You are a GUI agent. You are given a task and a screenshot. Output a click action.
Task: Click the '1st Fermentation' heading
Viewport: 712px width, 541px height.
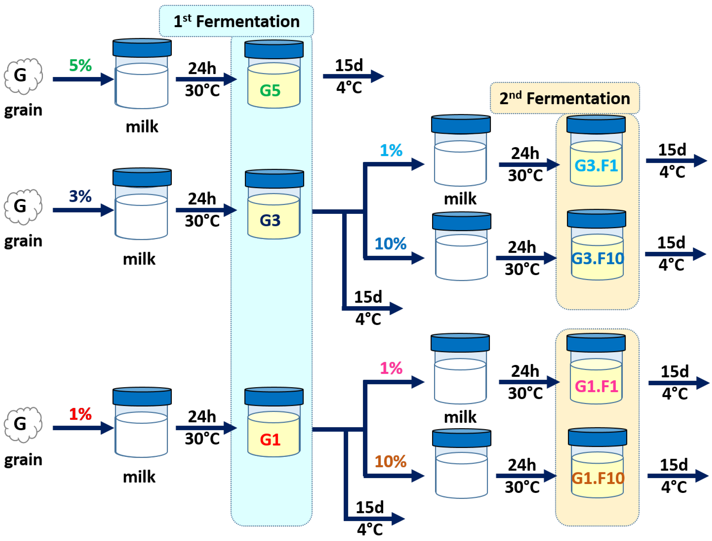click(x=237, y=21)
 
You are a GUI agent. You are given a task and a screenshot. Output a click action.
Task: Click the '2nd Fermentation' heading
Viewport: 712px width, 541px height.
click(x=565, y=98)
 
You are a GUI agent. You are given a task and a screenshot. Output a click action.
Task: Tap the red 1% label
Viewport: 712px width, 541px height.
click(x=80, y=414)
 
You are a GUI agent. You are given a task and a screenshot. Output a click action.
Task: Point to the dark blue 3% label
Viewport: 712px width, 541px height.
click(x=80, y=196)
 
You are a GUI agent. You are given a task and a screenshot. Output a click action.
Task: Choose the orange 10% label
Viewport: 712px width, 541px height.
click(x=390, y=461)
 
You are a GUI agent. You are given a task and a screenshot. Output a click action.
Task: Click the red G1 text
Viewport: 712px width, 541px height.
click(x=270, y=440)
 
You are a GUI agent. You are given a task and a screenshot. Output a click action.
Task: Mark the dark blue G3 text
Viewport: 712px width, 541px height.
click(x=270, y=221)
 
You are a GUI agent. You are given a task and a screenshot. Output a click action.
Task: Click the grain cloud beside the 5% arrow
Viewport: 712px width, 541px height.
click(x=23, y=76)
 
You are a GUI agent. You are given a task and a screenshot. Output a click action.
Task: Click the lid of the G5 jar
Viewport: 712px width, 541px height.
click(x=274, y=49)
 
